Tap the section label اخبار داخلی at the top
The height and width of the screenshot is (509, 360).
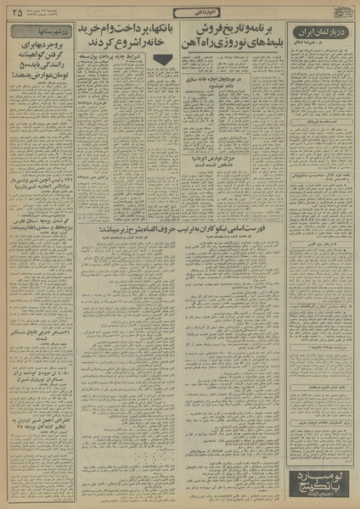179,12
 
